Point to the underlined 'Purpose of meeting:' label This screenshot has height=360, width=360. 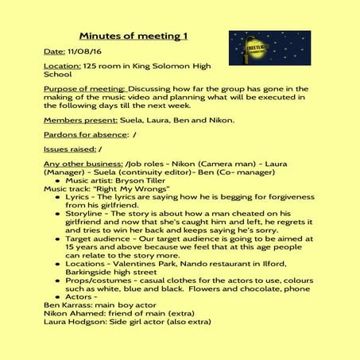(x=84, y=89)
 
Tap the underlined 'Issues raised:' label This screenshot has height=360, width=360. (x=69, y=149)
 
